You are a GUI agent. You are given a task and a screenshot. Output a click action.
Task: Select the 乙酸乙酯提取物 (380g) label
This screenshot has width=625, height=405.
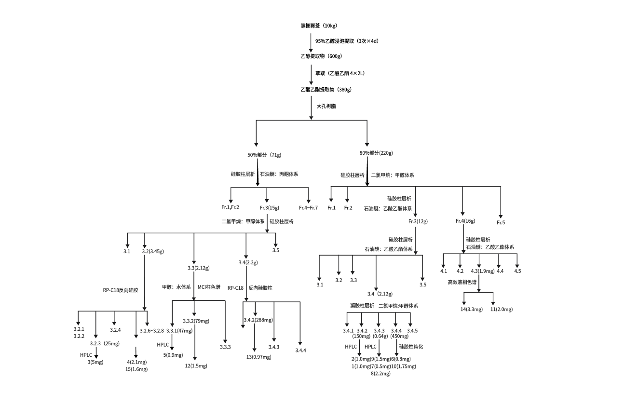pos(326,89)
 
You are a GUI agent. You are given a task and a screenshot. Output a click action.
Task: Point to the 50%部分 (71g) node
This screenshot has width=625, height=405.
pos(264,155)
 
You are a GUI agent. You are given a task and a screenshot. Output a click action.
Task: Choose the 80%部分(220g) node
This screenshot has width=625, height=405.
pos(376,153)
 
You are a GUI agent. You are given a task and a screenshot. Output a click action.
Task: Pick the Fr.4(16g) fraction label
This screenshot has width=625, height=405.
pos(465,221)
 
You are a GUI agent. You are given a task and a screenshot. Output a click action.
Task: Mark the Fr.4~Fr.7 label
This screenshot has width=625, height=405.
pos(308,207)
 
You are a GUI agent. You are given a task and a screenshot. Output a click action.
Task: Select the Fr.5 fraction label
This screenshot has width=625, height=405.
pos(501,223)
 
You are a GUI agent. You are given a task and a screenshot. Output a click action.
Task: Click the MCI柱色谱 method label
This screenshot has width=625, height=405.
pos(209,287)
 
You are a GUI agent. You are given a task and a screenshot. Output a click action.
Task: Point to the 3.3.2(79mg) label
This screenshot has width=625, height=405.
pos(194,321)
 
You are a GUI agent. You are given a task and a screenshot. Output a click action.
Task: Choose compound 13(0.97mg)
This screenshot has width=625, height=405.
pos(259,357)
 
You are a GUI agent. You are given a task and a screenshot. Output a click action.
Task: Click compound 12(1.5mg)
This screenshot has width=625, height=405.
pos(196,366)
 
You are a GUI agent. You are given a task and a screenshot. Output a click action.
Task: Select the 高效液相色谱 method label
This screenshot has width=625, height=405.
pos(462,282)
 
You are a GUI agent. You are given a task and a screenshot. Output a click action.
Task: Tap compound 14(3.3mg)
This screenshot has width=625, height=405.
pos(470,309)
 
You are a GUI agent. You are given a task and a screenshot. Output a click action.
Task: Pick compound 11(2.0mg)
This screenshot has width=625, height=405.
pos(502,309)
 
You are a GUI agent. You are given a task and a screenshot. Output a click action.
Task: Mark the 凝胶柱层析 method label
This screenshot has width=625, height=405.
pos(362,306)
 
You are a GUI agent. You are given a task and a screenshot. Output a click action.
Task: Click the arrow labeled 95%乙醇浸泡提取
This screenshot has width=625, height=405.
pos(311,41)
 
